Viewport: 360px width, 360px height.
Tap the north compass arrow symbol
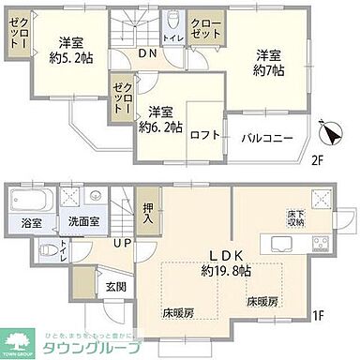point(324,130)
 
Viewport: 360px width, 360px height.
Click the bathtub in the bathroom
point(29,202)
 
